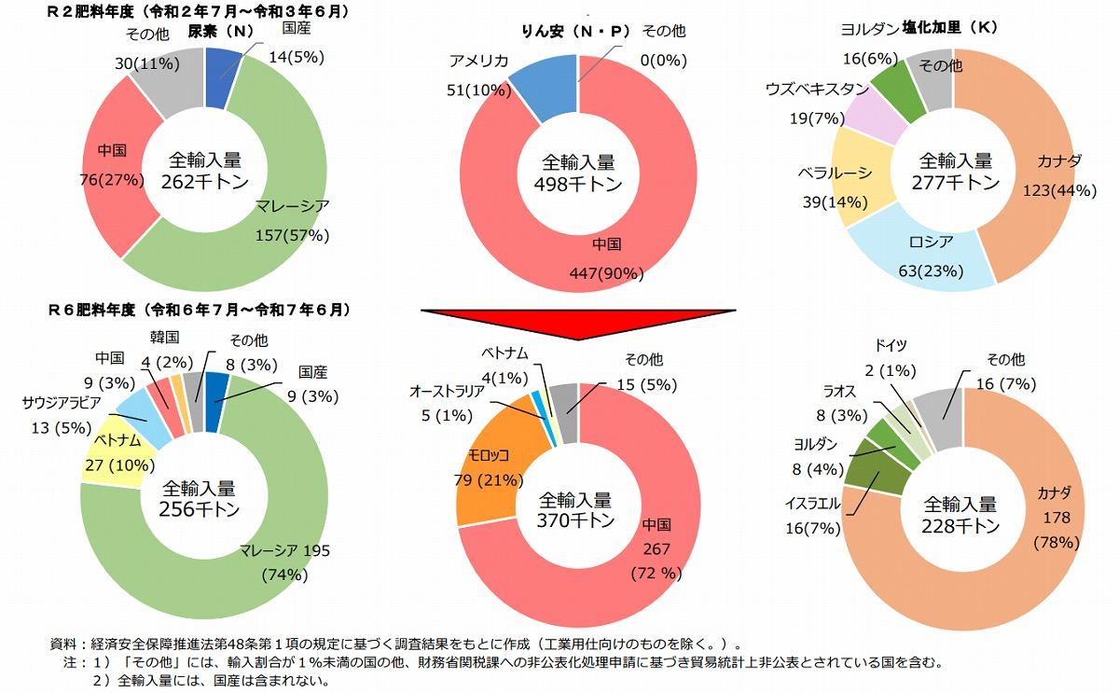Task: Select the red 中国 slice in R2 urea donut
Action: point(112,168)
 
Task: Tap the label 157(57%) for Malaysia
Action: point(293,235)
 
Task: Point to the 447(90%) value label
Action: point(608,272)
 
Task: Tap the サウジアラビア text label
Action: point(66,403)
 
